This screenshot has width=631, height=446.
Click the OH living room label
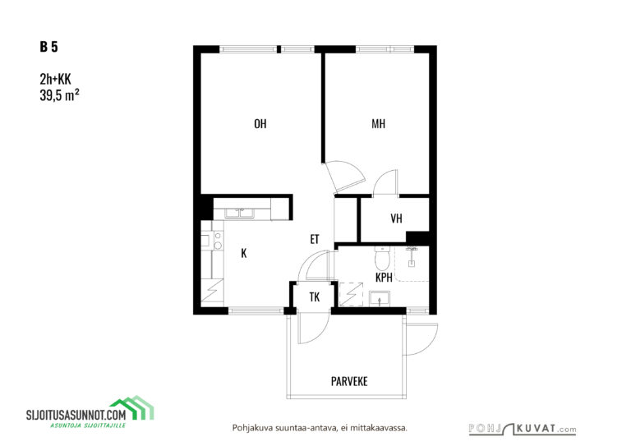pos(260,123)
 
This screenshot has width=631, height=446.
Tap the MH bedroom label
pos(378,123)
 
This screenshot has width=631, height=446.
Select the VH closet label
pos(396,218)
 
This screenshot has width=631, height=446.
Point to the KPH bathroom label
pos(384,277)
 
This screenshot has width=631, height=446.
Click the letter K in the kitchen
pos(243,253)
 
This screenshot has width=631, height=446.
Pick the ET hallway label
pos(315,239)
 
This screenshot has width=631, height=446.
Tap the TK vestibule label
pos(315,297)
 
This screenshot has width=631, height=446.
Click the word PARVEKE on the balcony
pos(349,381)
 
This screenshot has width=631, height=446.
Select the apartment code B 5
pos(48,47)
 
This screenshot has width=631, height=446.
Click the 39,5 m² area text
pos(59,95)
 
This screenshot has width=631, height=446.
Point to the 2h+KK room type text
pos(55,79)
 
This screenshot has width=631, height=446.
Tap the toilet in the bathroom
pos(382,258)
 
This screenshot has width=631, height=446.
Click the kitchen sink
pos(239,213)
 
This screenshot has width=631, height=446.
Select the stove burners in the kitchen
pos(218,240)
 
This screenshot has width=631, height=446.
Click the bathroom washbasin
pos(379,299)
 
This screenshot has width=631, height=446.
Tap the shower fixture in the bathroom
pos(412,256)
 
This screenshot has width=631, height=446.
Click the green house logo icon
pos(132,407)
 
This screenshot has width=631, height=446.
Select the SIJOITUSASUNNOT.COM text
pos(76,415)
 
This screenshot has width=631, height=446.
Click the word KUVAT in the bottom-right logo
pos(539,428)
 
